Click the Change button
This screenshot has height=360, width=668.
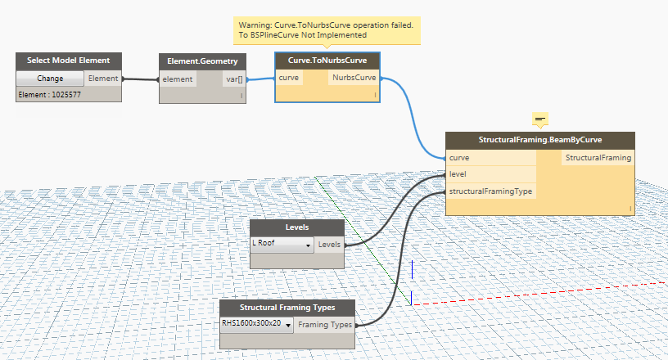50,79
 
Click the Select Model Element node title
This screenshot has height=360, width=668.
69,61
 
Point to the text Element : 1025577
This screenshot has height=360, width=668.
50,95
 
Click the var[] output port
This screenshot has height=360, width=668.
234,79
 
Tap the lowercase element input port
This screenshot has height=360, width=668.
178,79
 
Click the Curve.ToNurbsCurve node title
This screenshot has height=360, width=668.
327,61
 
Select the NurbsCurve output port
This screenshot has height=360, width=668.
354,78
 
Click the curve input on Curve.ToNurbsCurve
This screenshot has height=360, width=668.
289,78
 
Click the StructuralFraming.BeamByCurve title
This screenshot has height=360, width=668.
540,140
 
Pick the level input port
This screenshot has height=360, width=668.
458,174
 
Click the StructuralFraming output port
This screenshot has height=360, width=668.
598,157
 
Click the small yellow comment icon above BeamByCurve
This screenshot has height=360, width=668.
539,119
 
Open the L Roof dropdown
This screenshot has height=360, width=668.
282,245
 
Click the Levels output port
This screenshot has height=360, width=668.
329,245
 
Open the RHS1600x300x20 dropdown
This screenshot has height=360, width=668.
257,324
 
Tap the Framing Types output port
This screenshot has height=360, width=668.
325,325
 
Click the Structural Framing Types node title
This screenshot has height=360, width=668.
287,308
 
